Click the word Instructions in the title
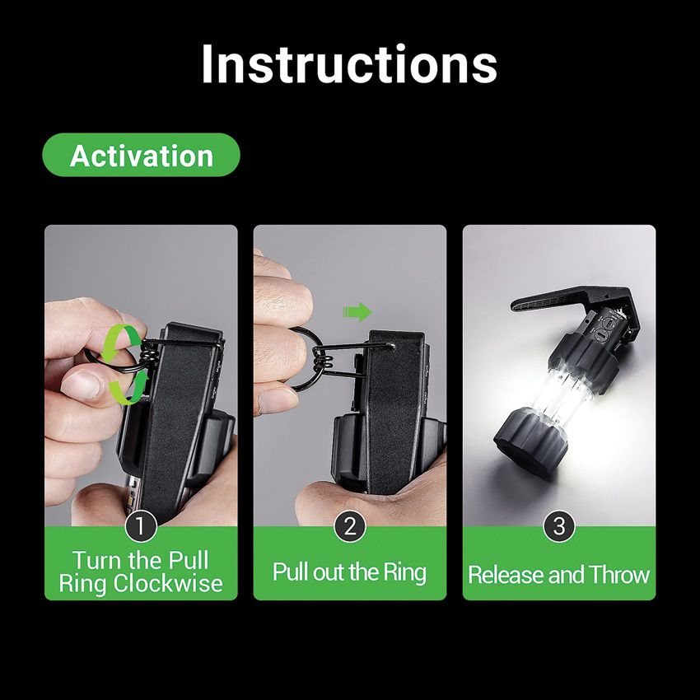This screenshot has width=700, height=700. (x=349, y=64)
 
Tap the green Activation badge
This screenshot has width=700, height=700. (x=141, y=155)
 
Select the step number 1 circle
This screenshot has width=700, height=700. (x=141, y=526)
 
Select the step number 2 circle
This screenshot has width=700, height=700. (x=350, y=526)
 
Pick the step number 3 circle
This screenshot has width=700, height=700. (x=559, y=526)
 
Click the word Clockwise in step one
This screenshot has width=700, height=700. (x=168, y=583)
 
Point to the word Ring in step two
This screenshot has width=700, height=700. (x=404, y=572)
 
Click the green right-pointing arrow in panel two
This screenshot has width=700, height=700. (x=357, y=311)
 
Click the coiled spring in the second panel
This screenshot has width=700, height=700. (x=323, y=359)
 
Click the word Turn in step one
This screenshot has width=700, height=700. (x=97, y=560)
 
